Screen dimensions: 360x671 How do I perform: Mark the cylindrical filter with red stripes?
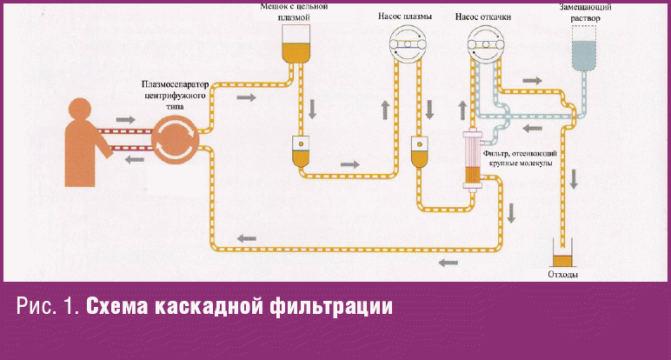coord(473,158)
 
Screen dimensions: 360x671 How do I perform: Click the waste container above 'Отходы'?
coord(564,257)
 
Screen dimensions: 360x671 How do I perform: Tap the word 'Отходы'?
coord(564,275)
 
